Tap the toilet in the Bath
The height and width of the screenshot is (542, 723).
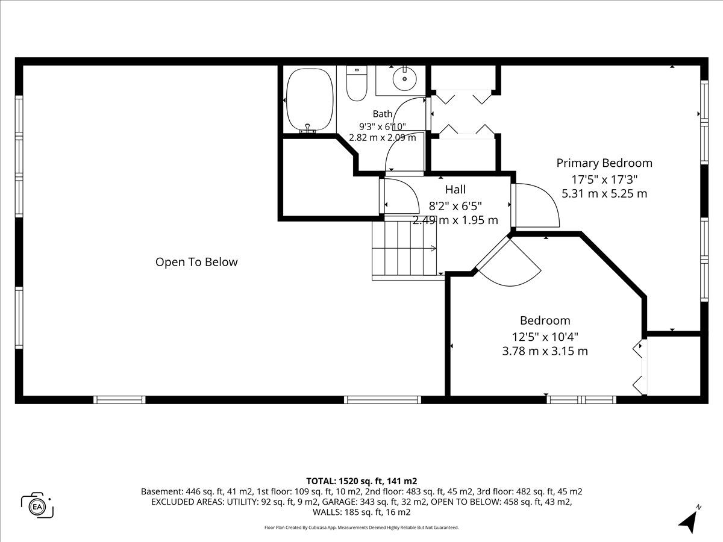click(x=357, y=83)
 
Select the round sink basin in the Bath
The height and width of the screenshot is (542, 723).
click(x=404, y=79)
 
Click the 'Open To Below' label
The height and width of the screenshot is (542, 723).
click(x=196, y=262)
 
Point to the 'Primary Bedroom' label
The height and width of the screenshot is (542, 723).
click(x=604, y=163)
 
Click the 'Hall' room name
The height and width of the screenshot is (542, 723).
click(x=455, y=189)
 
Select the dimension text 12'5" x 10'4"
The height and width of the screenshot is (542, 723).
click(x=545, y=337)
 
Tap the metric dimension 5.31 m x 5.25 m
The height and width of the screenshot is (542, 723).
click(x=604, y=193)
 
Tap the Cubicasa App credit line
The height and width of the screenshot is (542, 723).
click(x=361, y=528)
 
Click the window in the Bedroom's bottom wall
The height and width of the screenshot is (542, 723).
click(x=581, y=399)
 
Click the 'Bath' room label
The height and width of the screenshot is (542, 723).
click(x=383, y=114)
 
